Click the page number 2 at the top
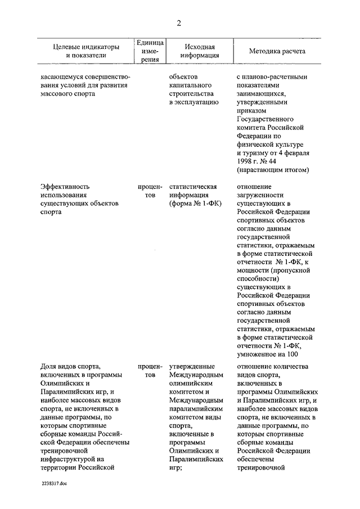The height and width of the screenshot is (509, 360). [x=179, y=22]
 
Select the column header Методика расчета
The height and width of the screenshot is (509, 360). [x=277, y=51]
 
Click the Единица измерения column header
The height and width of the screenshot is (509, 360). [x=149, y=51]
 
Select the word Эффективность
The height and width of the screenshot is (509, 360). [x=65, y=186]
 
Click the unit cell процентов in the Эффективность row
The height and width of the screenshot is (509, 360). [x=149, y=191]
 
